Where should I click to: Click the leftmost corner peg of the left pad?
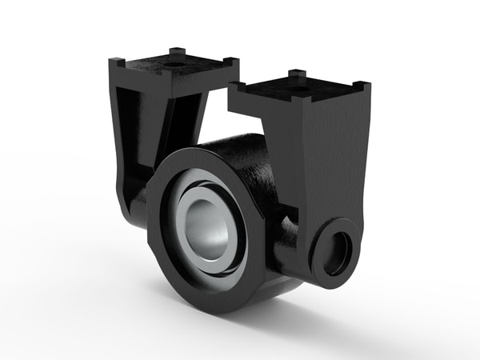(117, 61)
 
